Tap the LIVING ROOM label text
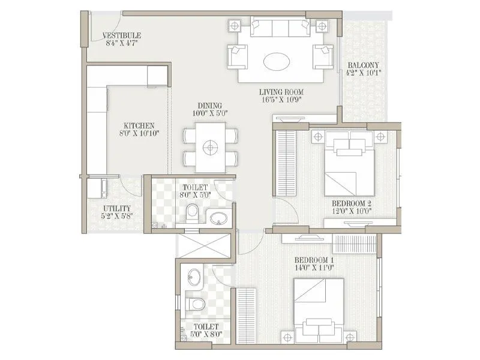(281, 92)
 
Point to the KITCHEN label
(139, 125)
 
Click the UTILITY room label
(116, 208)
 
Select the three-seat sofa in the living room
(278, 29)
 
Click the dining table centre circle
(209, 146)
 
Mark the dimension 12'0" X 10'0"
(353, 211)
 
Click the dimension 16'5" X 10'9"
(281, 100)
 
